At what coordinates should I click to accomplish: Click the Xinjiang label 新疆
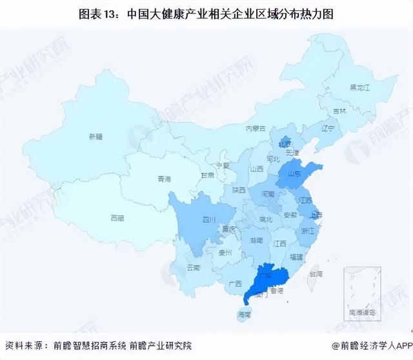(x=96, y=136)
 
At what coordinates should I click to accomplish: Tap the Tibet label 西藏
(x=117, y=218)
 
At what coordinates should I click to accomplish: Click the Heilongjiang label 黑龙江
(x=359, y=87)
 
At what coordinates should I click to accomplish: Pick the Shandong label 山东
(x=296, y=174)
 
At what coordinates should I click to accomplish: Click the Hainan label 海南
(x=243, y=314)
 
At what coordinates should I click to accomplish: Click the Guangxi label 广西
(x=235, y=284)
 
